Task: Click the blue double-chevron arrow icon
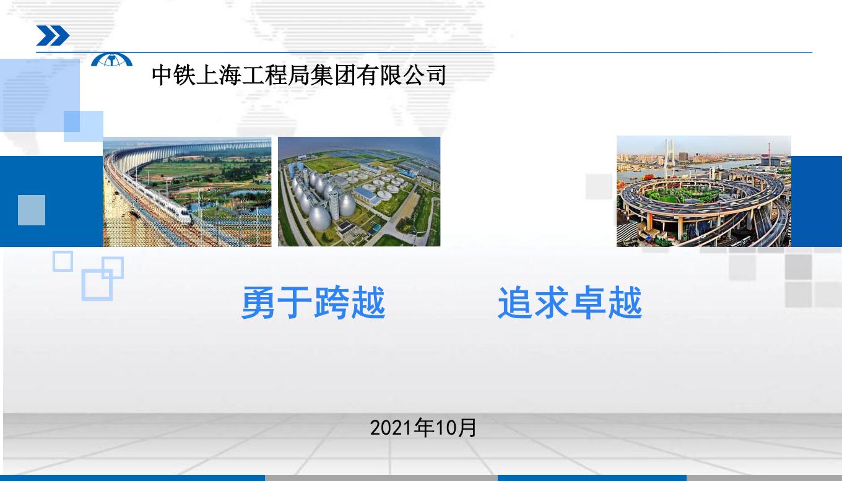click(x=53, y=36)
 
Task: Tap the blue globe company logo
click(x=111, y=60)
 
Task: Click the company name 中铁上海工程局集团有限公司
click(x=299, y=75)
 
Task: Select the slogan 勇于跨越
click(x=313, y=303)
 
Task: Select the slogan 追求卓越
click(x=570, y=303)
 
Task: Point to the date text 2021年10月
click(x=423, y=428)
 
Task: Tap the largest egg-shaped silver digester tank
click(x=319, y=218)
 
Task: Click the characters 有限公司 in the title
click(x=401, y=75)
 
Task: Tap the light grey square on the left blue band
click(x=32, y=210)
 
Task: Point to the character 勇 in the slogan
click(x=258, y=303)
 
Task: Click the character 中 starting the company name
click(x=162, y=75)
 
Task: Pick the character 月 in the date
click(x=467, y=428)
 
